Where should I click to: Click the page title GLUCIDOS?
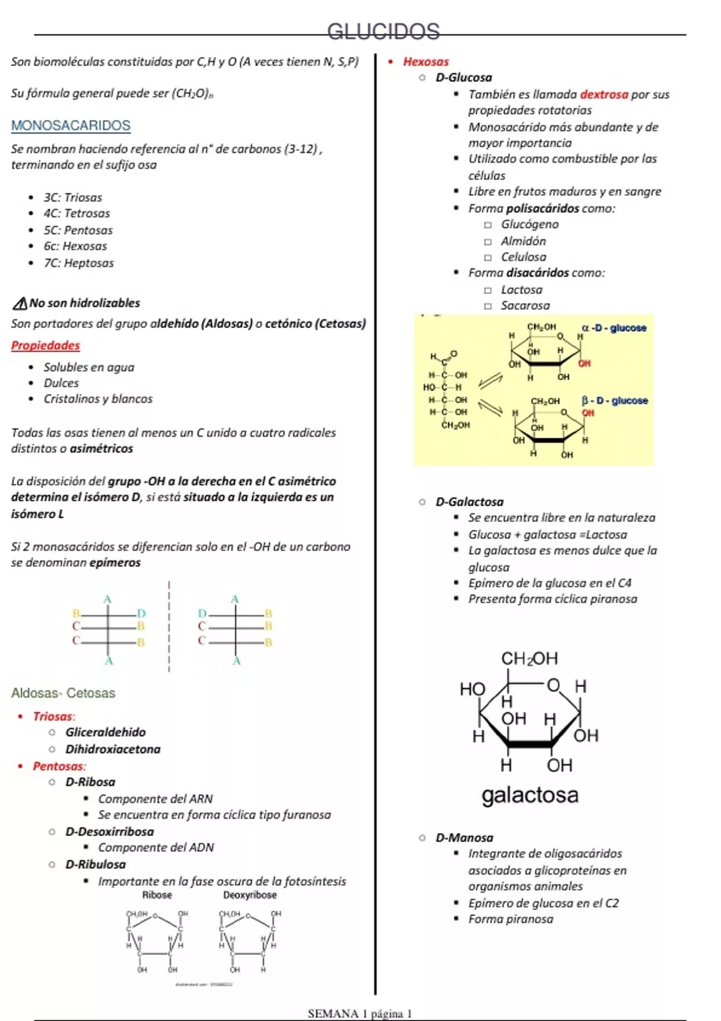383,31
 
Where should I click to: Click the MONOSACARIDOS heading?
71,126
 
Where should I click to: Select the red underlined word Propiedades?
46,345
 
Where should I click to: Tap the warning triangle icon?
20,303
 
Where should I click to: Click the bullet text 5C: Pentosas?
78,230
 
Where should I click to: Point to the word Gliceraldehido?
106,732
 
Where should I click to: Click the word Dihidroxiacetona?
113,749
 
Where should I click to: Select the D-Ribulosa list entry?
96,864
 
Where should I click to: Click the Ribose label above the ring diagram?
157,895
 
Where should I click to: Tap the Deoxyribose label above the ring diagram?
250,895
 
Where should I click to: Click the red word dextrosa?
604,94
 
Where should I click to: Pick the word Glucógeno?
530,224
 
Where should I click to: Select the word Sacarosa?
526,306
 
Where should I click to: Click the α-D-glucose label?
613,328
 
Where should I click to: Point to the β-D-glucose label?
615,401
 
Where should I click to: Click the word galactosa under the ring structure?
530,795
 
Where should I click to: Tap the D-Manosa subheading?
464,837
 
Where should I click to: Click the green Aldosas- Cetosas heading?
63,693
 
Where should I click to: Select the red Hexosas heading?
426,62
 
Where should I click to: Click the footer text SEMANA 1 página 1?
360,1014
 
